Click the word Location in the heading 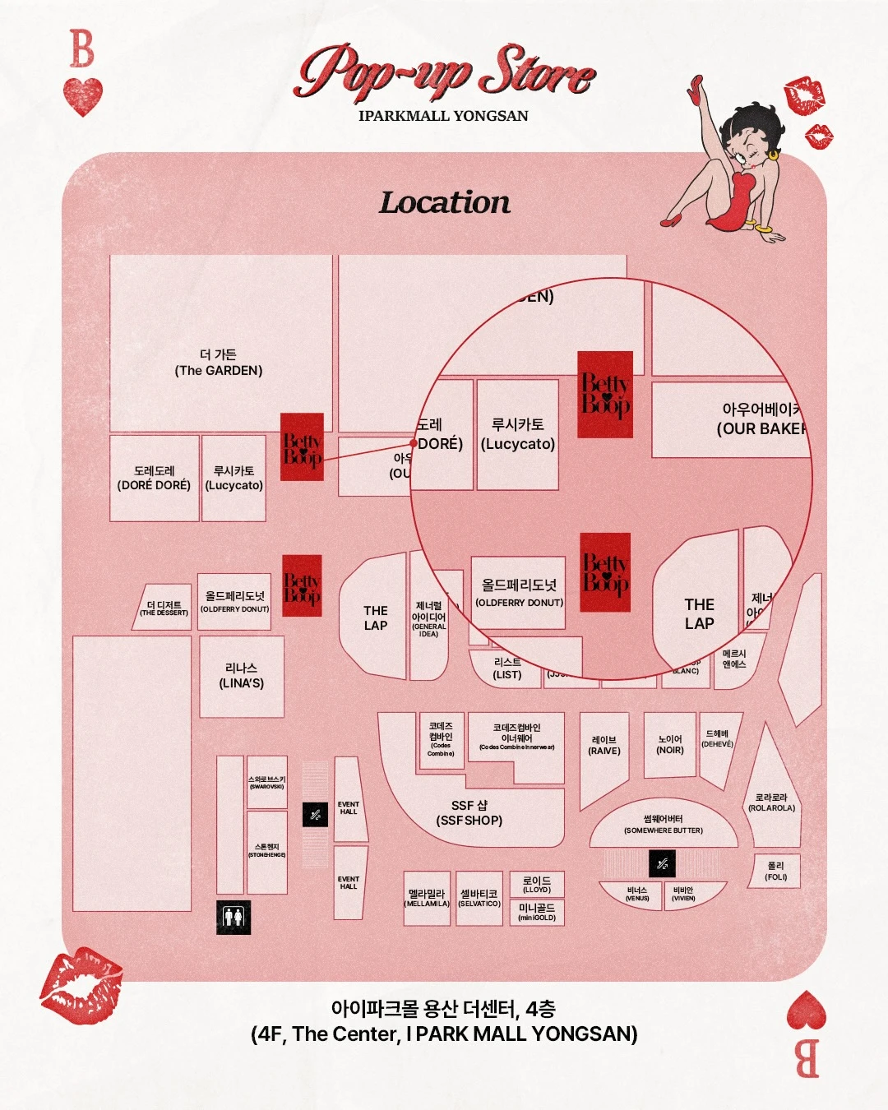pos(444,202)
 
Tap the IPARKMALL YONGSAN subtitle pos(443,116)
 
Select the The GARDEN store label pos(219,363)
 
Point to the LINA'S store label pos(241,676)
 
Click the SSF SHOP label pos(469,813)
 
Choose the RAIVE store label pos(604,745)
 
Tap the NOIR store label pos(670,745)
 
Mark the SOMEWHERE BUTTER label pos(664,825)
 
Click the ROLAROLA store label pos(771,802)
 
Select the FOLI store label pos(776,872)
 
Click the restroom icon pos(233,916)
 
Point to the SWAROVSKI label pos(267,783)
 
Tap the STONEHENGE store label pos(267,851)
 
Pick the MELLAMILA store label pos(427,898)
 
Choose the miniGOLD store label pos(537,912)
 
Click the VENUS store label pos(637,895)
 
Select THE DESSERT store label pos(164,608)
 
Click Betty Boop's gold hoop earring pos(773,154)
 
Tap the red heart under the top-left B pos(83,96)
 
